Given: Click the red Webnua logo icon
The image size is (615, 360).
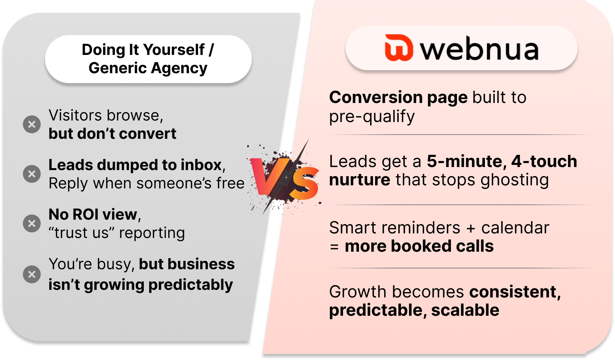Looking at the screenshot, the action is (399, 47).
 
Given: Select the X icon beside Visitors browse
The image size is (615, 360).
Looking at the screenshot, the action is (32, 124).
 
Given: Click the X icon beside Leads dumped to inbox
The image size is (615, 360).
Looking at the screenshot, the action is (32, 174).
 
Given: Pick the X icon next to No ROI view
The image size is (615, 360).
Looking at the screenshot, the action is (32, 223).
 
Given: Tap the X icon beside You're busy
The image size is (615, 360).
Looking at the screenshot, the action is (32, 274).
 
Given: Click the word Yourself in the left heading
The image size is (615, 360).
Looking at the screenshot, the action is (174, 50).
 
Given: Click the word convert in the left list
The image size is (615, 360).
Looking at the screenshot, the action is (147, 134).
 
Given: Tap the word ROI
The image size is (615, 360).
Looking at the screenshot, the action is (85, 215).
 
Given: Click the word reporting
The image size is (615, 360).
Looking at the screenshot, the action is (152, 233).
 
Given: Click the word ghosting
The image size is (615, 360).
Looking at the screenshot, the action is (515, 180).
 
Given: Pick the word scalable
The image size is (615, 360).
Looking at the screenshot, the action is (465, 310).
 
